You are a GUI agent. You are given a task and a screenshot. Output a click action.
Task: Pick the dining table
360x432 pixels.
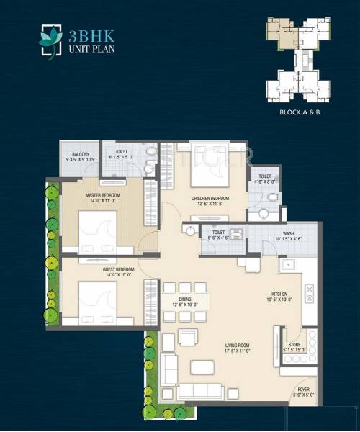(185, 302)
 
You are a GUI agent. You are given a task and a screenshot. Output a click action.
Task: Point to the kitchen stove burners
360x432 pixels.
(310, 294)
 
